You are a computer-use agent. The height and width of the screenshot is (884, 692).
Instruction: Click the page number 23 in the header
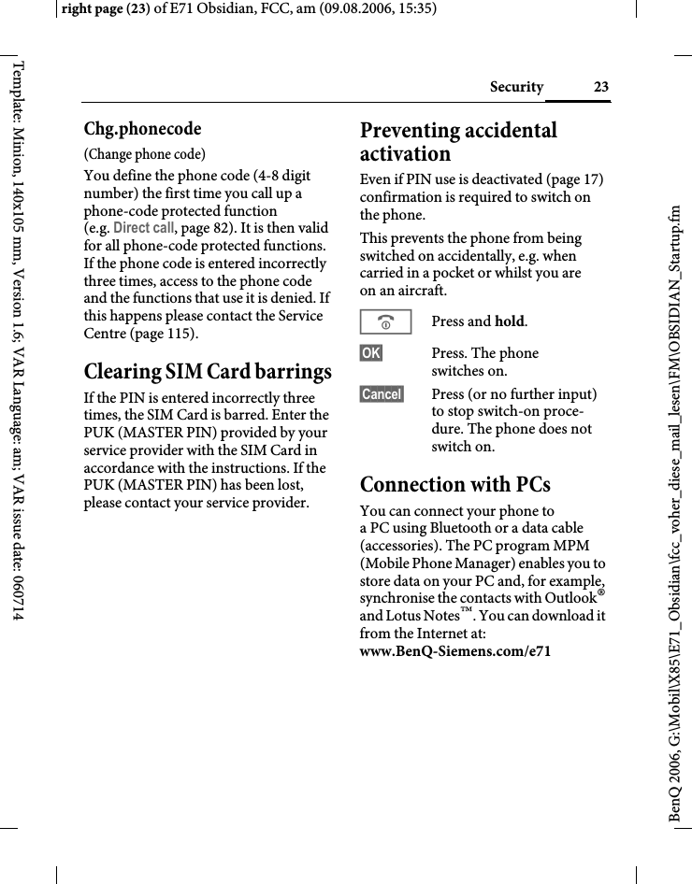tap(600, 87)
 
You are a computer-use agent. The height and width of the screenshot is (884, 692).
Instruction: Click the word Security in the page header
tap(516, 87)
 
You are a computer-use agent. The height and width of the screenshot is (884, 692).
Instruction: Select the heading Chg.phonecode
tap(142, 128)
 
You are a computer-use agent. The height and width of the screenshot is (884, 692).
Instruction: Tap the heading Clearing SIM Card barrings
tap(208, 371)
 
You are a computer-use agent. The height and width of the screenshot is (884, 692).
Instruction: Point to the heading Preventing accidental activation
tap(458, 142)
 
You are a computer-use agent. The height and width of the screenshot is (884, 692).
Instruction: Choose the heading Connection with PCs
tap(455, 484)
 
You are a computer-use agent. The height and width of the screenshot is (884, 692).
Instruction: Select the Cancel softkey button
tap(382, 394)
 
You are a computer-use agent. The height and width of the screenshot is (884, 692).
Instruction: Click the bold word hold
tap(509, 322)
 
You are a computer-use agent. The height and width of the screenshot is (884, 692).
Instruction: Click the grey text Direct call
tap(143, 228)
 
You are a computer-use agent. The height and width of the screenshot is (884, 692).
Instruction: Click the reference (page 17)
tap(569, 179)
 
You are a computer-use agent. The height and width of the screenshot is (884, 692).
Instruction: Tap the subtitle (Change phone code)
tap(145, 154)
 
